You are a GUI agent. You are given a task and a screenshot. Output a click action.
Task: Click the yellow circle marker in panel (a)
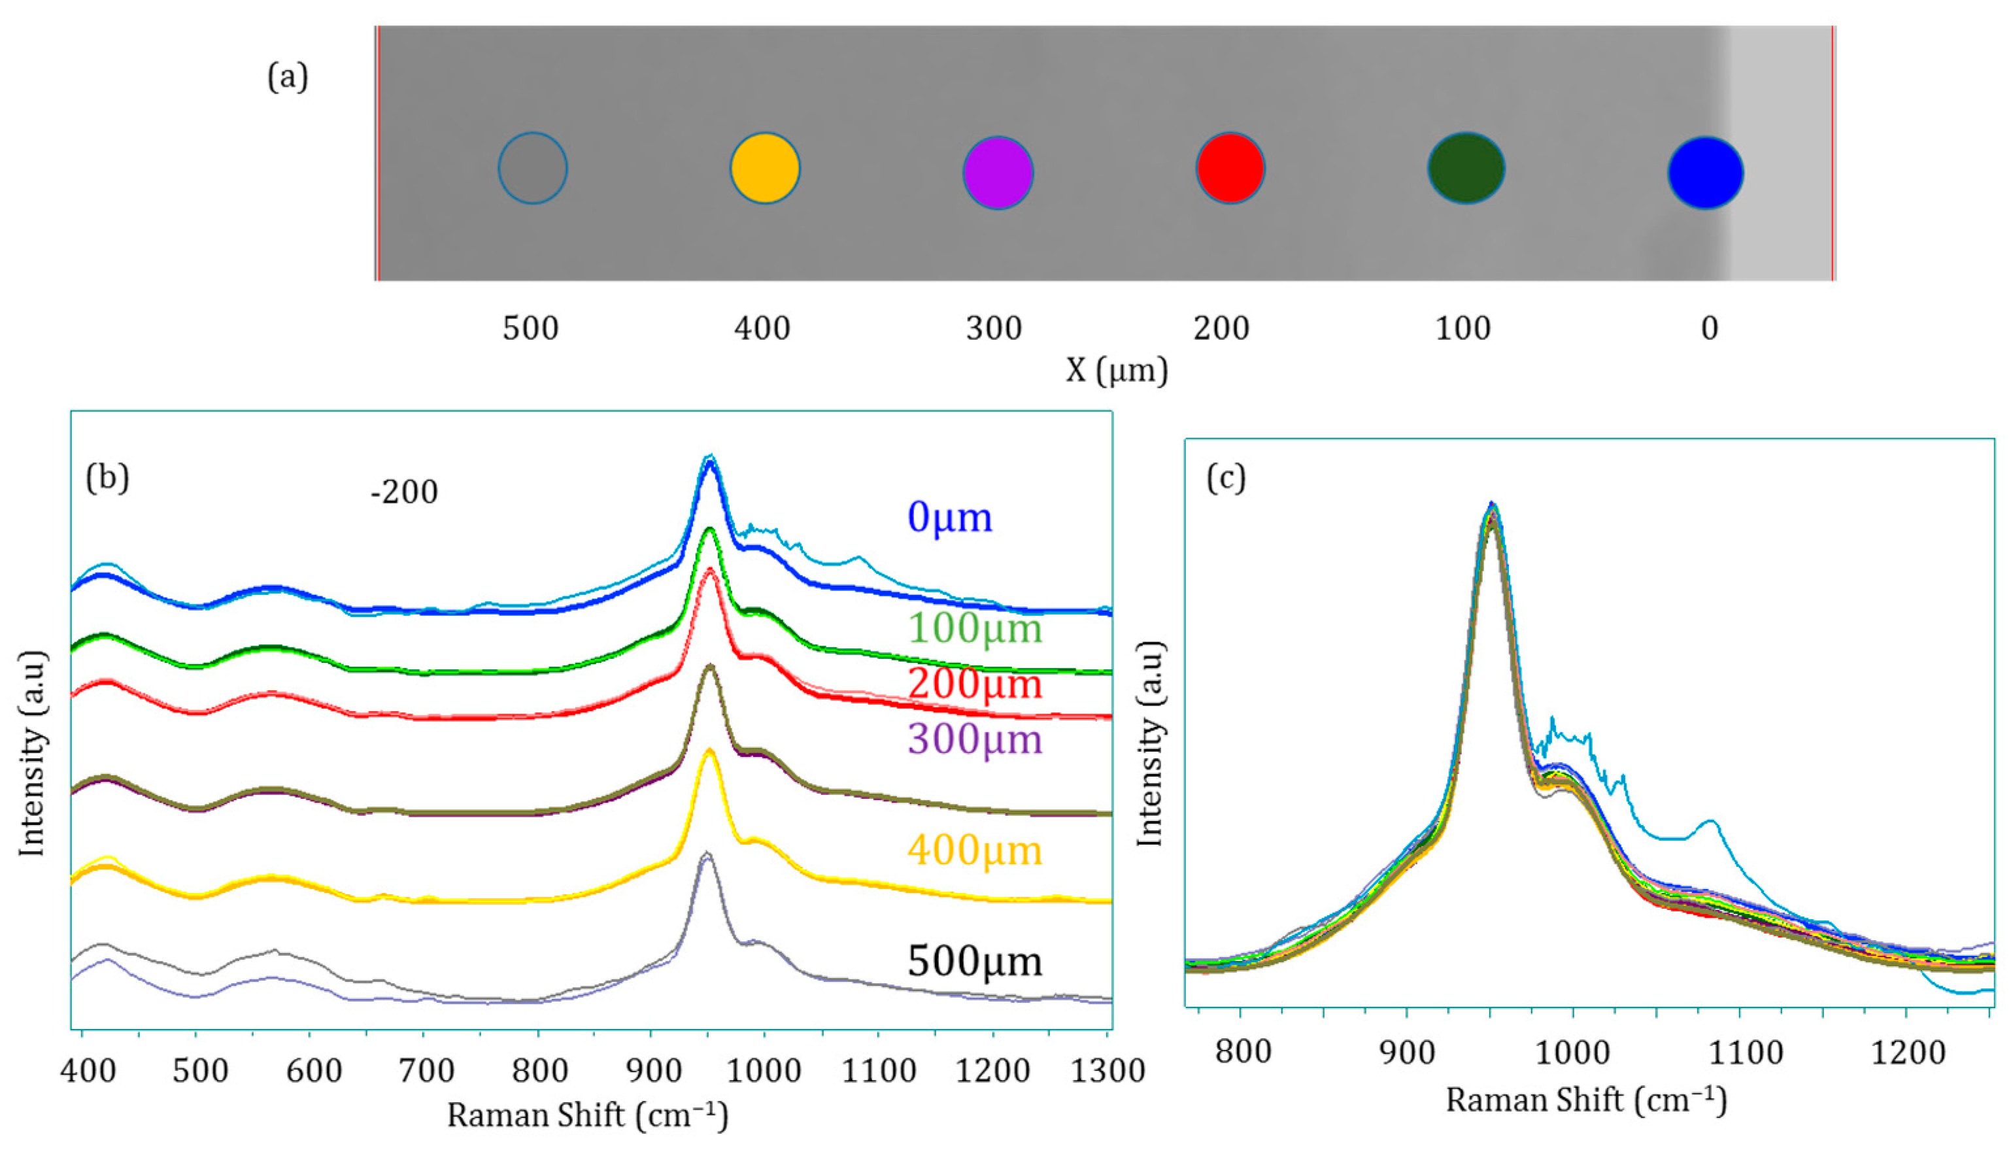(x=764, y=169)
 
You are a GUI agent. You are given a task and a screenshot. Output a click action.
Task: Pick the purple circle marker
(x=998, y=173)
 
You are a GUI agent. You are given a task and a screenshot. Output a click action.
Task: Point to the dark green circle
(x=1465, y=169)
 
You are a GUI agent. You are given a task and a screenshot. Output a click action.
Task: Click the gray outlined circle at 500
(x=533, y=169)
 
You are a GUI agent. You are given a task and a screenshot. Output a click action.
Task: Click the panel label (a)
(x=288, y=78)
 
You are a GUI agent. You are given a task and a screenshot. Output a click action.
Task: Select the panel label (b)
(x=107, y=479)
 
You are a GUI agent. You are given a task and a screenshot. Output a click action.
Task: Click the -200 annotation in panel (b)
(x=404, y=493)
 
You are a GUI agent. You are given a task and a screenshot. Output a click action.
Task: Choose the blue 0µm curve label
(x=949, y=518)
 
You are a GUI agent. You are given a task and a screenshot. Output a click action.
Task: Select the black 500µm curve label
(x=975, y=961)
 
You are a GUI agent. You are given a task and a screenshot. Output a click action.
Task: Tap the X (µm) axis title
(x=1116, y=370)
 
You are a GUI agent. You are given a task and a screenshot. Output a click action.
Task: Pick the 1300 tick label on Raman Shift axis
(x=1107, y=1070)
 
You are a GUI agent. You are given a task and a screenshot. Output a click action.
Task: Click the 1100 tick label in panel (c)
(x=1744, y=1053)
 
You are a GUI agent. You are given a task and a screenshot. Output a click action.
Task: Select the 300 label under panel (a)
(x=994, y=328)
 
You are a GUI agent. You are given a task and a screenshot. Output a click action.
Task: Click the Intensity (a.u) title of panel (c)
(x=1149, y=743)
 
